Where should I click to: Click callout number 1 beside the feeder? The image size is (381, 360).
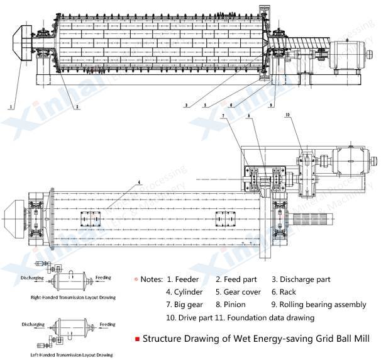(11, 108)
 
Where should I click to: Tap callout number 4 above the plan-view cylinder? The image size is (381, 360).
(135, 183)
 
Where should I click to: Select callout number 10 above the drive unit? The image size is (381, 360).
(288, 115)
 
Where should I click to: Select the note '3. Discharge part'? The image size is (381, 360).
(301, 279)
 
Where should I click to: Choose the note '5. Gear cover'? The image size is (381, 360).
(236, 292)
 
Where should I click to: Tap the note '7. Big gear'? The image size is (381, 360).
(184, 305)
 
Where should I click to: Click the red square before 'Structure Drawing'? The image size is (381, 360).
(136, 339)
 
